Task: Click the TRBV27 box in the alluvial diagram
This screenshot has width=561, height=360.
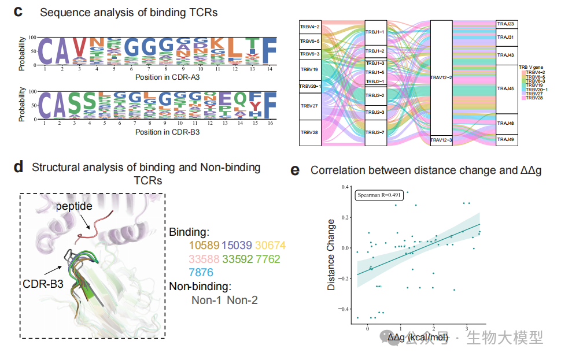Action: click(309, 106)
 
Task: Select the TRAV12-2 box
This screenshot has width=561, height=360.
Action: click(441, 77)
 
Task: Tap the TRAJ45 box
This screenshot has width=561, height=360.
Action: click(507, 89)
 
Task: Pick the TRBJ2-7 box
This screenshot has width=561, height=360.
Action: click(376, 132)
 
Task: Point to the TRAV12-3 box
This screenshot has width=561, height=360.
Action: click(441, 140)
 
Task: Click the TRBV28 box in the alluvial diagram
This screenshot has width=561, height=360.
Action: click(309, 133)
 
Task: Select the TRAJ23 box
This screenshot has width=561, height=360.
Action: click(507, 24)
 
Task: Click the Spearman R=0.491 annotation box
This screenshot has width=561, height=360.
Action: click(379, 195)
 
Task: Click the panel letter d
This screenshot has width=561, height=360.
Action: click(19, 168)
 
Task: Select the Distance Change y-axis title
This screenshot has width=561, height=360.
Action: click(331, 254)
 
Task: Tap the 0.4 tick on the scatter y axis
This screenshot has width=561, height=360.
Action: click(346, 187)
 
